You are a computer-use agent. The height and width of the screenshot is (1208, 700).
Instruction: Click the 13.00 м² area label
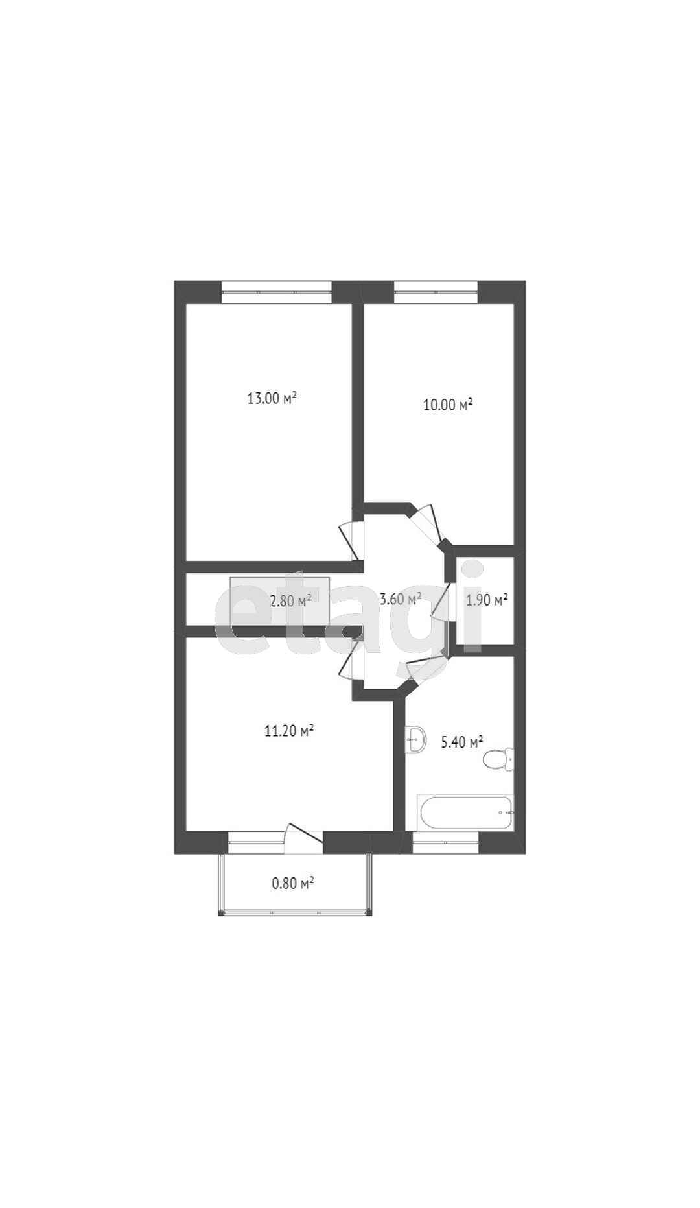click(272, 397)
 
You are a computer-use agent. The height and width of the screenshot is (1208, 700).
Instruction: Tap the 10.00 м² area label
click(448, 405)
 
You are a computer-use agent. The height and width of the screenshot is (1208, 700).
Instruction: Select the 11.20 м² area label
click(289, 731)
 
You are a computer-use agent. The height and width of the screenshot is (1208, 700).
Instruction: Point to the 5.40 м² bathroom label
click(462, 742)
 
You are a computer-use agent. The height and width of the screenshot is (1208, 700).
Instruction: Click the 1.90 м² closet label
click(487, 600)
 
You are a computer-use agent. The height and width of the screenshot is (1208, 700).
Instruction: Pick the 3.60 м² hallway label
click(401, 599)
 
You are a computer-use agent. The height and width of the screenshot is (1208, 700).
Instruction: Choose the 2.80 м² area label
click(290, 600)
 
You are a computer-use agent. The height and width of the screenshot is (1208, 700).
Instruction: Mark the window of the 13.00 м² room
click(277, 292)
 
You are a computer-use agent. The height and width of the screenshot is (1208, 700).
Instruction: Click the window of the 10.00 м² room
click(436, 292)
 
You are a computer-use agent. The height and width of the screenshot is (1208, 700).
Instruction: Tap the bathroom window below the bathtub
click(445, 842)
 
